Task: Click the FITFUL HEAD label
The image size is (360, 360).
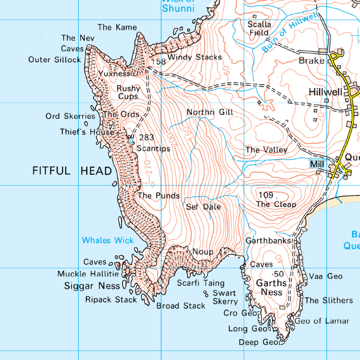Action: pos(72,171)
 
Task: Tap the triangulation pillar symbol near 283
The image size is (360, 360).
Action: pos(130,140)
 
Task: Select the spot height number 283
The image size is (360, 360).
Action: pos(147,138)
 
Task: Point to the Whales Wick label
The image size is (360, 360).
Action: pos(108,240)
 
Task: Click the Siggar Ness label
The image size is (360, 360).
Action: pos(92,286)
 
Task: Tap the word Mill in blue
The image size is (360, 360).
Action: pos(317,165)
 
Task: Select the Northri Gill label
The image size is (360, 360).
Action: pos(210,112)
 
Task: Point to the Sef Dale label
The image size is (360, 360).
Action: pos(203,207)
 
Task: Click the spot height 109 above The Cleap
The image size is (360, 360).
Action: pos(266,195)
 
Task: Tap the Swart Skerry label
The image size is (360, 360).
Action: pos(225,297)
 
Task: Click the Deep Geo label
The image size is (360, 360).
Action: pos(259,342)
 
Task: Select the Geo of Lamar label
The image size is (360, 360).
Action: pos(322,321)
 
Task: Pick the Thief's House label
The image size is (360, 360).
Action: pos(87,132)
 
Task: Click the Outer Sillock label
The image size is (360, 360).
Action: pos(54,59)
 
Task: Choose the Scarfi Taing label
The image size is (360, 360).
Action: pos(200,283)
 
